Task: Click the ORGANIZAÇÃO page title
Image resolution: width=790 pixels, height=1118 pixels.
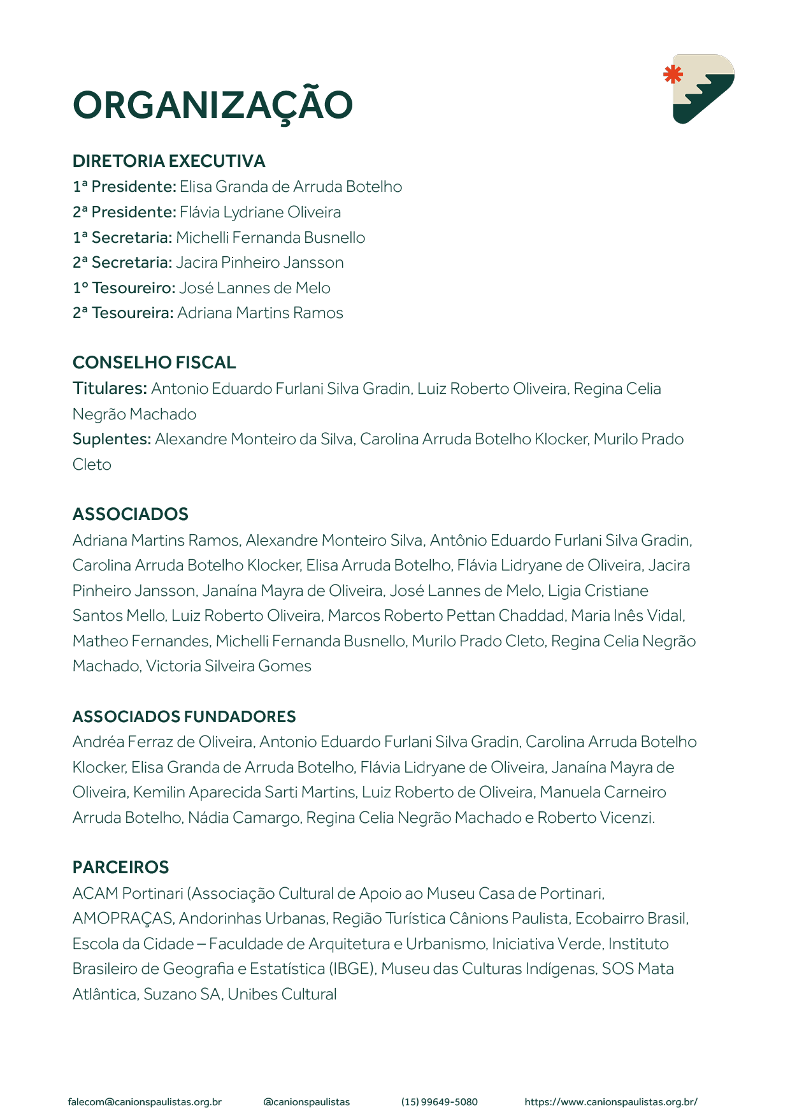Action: [213, 105]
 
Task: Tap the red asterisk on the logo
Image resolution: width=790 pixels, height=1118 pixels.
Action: [673, 75]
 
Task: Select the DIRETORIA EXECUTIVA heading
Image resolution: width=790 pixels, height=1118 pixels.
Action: [169, 161]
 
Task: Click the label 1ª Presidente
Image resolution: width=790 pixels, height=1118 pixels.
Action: [124, 187]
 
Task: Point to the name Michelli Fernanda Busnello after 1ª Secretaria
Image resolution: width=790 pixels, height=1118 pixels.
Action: [271, 238]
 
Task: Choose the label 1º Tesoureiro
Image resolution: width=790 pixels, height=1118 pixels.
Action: [124, 288]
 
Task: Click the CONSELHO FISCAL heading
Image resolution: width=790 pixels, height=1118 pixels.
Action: [154, 363]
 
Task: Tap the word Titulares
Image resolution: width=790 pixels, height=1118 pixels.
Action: [110, 388]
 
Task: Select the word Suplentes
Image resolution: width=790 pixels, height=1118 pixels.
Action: [111, 439]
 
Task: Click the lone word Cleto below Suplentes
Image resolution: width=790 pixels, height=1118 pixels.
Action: [92, 465]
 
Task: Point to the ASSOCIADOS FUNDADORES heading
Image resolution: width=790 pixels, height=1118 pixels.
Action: [184, 716]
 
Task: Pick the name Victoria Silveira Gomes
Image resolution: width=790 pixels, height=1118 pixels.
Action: [229, 666]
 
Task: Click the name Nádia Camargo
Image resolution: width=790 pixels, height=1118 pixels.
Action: [244, 818]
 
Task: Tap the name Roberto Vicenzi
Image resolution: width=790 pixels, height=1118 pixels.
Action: [596, 818]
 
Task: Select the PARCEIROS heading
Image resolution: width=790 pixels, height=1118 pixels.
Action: [120, 868]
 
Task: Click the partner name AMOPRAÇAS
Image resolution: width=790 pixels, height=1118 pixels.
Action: [122, 918]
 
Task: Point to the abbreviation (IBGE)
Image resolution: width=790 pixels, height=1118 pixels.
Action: [352, 969]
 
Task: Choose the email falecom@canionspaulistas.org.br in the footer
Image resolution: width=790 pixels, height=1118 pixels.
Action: [145, 1102]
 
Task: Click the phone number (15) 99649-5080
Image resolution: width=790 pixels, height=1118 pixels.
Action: [439, 1102]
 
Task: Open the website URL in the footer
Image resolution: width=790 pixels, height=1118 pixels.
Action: [611, 1102]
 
